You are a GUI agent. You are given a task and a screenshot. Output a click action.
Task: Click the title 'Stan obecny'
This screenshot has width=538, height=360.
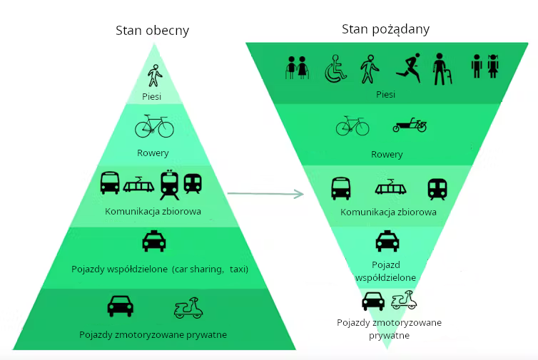(x=153, y=31)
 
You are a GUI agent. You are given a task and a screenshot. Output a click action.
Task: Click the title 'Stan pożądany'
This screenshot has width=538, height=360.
(x=385, y=29)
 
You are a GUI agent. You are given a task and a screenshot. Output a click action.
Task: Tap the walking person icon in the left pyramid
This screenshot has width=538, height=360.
(x=155, y=76)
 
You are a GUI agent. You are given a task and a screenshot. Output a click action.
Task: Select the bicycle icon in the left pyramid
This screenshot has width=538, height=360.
(x=154, y=126)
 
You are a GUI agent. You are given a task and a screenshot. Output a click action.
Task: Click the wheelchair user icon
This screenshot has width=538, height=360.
(x=335, y=68)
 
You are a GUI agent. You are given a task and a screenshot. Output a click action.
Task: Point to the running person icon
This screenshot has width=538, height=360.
(x=408, y=67)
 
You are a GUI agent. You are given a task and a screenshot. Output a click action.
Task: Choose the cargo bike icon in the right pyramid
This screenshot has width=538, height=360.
(x=410, y=125)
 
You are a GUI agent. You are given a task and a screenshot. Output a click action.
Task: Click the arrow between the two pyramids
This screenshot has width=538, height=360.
(x=265, y=194)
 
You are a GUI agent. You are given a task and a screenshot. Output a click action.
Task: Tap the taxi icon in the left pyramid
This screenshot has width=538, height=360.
(x=154, y=241)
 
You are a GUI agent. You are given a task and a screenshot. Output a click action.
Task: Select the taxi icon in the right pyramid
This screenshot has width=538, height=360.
(x=387, y=241)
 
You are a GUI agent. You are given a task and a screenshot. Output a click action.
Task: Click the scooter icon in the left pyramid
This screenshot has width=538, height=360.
(x=188, y=308)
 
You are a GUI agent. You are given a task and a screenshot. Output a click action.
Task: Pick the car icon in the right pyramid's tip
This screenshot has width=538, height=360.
(x=373, y=301)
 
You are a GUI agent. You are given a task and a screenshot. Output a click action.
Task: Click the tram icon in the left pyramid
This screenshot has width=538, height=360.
(x=138, y=185)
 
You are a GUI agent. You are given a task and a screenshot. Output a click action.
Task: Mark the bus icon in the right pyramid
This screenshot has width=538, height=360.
(x=341, y=188)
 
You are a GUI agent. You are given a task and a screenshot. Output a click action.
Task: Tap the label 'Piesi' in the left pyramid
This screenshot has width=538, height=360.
(x=152, y=97)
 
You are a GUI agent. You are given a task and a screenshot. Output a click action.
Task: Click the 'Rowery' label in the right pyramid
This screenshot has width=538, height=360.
(x=387, y=155)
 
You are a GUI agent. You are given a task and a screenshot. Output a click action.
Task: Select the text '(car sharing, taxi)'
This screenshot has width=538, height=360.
(x=210, y=269)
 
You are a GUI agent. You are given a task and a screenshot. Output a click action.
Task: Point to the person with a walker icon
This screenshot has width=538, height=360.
(x=442, y=69)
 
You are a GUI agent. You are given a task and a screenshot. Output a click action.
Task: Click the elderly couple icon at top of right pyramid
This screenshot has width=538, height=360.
(x=297, y=68)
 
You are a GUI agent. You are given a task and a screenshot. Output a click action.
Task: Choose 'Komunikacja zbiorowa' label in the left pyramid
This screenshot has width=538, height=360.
(x=153, y=211)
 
